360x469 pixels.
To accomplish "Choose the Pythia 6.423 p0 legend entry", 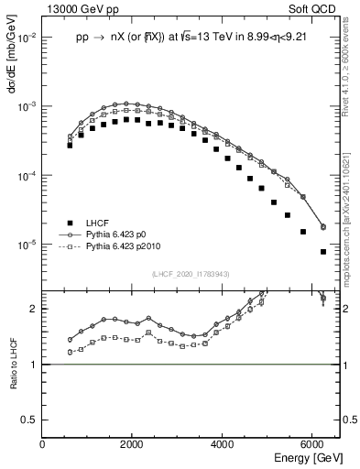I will [x=125, y=235].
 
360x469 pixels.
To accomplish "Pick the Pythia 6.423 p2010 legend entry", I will [x=132, y=247].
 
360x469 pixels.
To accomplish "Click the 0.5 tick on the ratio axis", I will [x=30, y=419].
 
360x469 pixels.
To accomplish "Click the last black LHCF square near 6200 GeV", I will [x=323, y=252].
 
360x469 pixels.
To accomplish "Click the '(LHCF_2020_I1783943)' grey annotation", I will [x=191, y=274].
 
